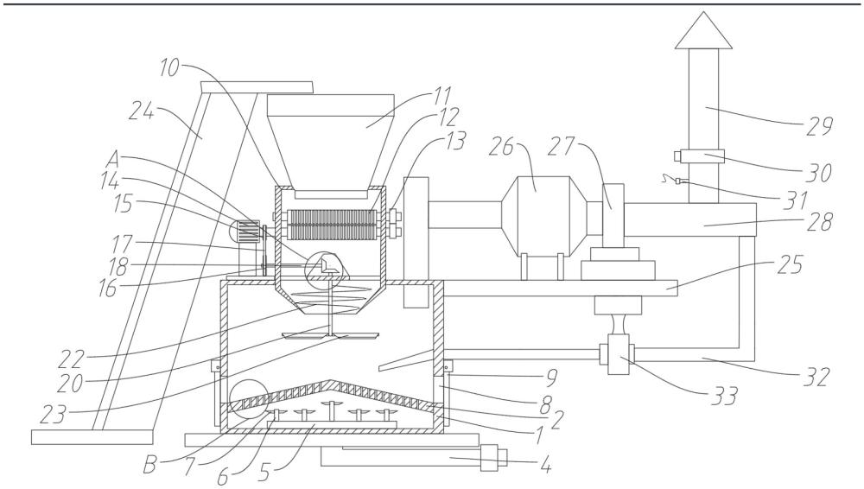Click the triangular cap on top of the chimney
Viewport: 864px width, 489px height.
coord(703,32)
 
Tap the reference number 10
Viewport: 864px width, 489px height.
coord(168,67)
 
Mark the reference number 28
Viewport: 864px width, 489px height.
coord(817,222)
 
